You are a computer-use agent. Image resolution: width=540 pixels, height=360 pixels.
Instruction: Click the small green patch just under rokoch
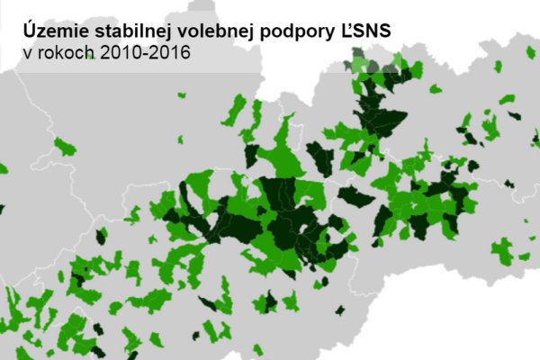pyautogui.click(x=63, y=146)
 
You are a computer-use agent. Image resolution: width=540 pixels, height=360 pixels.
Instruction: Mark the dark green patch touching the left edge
pyautogui.click(x=2, y=209)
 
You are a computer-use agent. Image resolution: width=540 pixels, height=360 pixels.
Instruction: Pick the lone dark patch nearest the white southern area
pyautogui.click(x=339, y=310)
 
